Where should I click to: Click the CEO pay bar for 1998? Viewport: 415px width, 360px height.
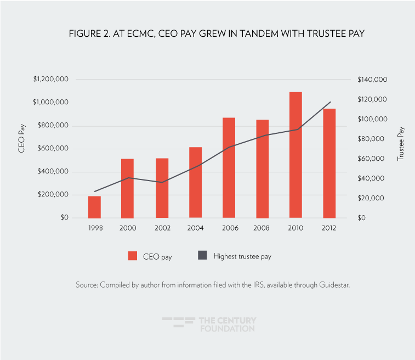[95, 207]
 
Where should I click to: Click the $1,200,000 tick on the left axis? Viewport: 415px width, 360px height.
[50, 80]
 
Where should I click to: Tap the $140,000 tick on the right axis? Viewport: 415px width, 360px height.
[372, 80]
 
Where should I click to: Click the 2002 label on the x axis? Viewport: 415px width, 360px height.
[162, 228]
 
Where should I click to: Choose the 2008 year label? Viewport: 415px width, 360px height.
[262, 228]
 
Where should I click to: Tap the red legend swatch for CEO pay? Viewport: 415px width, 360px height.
[132, 256]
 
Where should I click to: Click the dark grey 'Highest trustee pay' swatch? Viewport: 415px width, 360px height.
[202, 256]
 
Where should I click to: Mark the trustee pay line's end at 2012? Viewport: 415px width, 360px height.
[331, 102]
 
